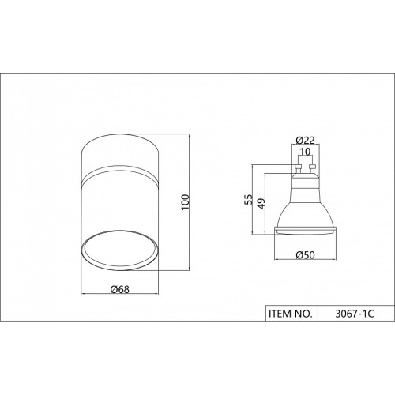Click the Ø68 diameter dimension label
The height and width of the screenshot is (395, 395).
tap(120, 289)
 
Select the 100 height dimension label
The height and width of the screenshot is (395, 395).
tap(186, 202)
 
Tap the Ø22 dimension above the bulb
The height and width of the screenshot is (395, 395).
tap(305, 141)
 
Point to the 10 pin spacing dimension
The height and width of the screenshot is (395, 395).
tap(305, 152)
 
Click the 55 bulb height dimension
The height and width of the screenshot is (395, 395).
tap(248, 199)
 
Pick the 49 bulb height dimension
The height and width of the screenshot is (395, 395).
tap(261, 204)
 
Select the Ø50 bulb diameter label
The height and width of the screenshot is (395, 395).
tap(305, 255)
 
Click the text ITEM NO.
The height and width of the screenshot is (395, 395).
tap(291, 314)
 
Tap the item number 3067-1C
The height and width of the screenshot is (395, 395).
tap(355, 314)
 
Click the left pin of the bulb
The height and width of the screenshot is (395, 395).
tap(298, 169)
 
